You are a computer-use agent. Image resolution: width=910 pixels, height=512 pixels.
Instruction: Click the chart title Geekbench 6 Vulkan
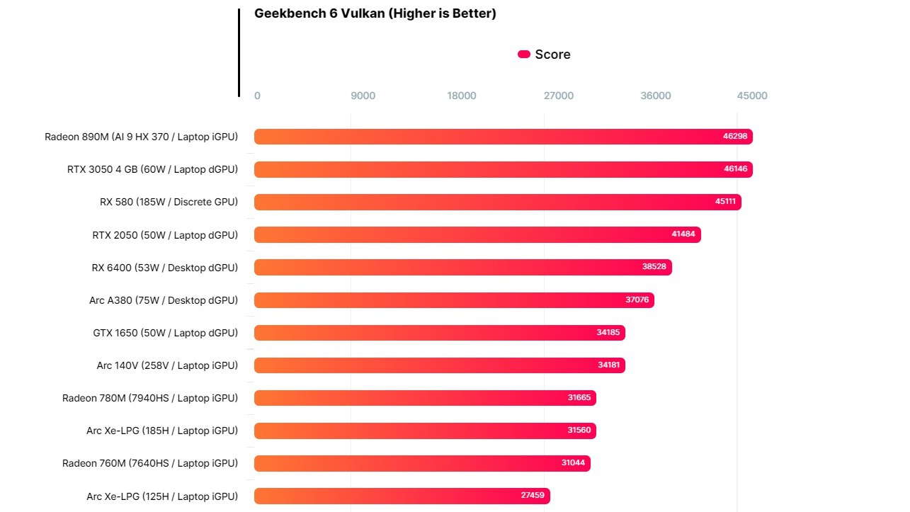point(375,14)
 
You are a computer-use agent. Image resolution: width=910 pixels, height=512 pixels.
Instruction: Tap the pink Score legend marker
point(524,55)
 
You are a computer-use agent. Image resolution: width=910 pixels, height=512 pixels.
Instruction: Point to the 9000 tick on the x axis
point(363,96)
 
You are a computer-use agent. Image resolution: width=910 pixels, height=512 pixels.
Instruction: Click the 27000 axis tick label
point(559,96)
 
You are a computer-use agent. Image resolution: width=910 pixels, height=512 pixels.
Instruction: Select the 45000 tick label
point(752,96)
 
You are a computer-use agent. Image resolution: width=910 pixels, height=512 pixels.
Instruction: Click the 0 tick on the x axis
point(257,96)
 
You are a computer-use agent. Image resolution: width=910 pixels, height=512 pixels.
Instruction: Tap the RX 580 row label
point(169,202)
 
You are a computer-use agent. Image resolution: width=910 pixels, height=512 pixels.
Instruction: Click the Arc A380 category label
point(164,300)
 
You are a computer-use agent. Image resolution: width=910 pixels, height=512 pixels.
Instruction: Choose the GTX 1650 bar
point(439,333)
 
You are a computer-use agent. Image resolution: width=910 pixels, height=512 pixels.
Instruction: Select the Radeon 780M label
point(150,398)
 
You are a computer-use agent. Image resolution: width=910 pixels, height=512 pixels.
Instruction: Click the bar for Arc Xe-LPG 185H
point(425,431)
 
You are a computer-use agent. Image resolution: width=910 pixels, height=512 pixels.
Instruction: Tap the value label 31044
point(573,463)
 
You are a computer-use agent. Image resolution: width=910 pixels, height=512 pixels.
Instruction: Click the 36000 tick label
point(656,96)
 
